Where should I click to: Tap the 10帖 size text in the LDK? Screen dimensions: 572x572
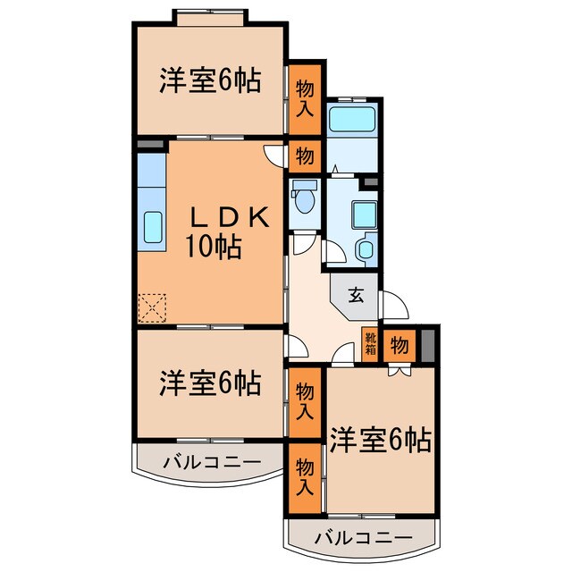tap(214, 247)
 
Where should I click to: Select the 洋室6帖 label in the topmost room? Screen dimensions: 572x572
tap(210, 81)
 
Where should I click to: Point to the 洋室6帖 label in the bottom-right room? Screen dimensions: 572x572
tap(380, 439)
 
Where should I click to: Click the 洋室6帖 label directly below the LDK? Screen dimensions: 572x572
tap(210, 383)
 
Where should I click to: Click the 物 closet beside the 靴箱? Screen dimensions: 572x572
tap(400, 345)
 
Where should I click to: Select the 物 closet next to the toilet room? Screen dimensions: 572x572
tap(305, 156)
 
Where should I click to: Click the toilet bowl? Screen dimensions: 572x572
tap(305, 199)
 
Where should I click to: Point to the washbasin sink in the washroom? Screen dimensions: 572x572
tap(366, 250)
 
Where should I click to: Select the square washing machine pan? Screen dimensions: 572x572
tap(364, 214)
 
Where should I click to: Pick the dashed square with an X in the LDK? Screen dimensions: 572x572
tap(153, 307)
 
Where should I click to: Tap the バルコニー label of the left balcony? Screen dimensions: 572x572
tap(212, 462)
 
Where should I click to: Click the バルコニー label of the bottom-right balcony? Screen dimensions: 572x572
tap(365, 538)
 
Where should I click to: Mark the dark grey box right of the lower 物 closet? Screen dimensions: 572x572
tap(427, 345)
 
